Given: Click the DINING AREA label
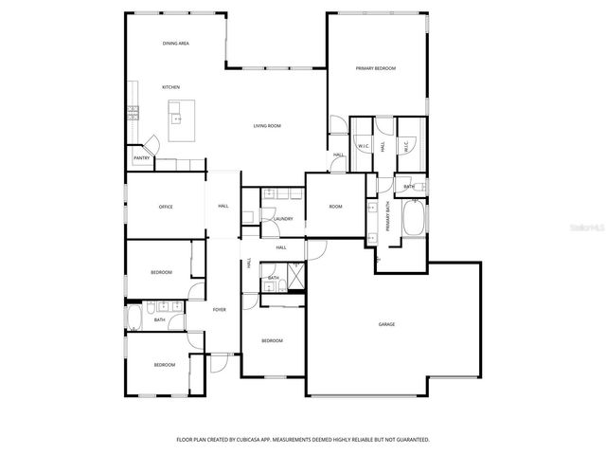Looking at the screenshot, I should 176,44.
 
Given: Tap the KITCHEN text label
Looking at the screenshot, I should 170,87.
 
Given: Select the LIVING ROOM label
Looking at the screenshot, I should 266,126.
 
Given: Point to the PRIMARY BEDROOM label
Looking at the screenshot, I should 375,68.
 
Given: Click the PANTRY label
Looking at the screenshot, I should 141,158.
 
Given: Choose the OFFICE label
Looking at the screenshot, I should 166,207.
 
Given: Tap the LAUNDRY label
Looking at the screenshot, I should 282,219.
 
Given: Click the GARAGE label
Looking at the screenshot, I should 386,325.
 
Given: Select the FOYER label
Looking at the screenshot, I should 219,310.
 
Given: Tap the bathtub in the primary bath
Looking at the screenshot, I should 414,220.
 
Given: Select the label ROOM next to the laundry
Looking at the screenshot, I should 335,207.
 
